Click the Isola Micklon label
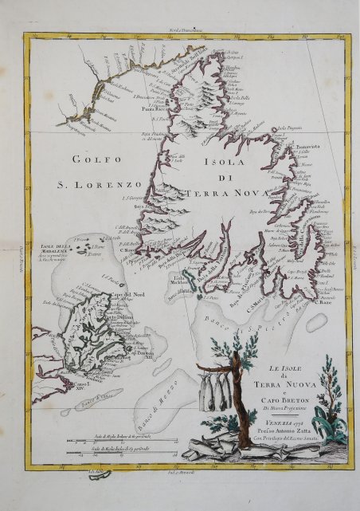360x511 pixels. [x=182, y=281]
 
